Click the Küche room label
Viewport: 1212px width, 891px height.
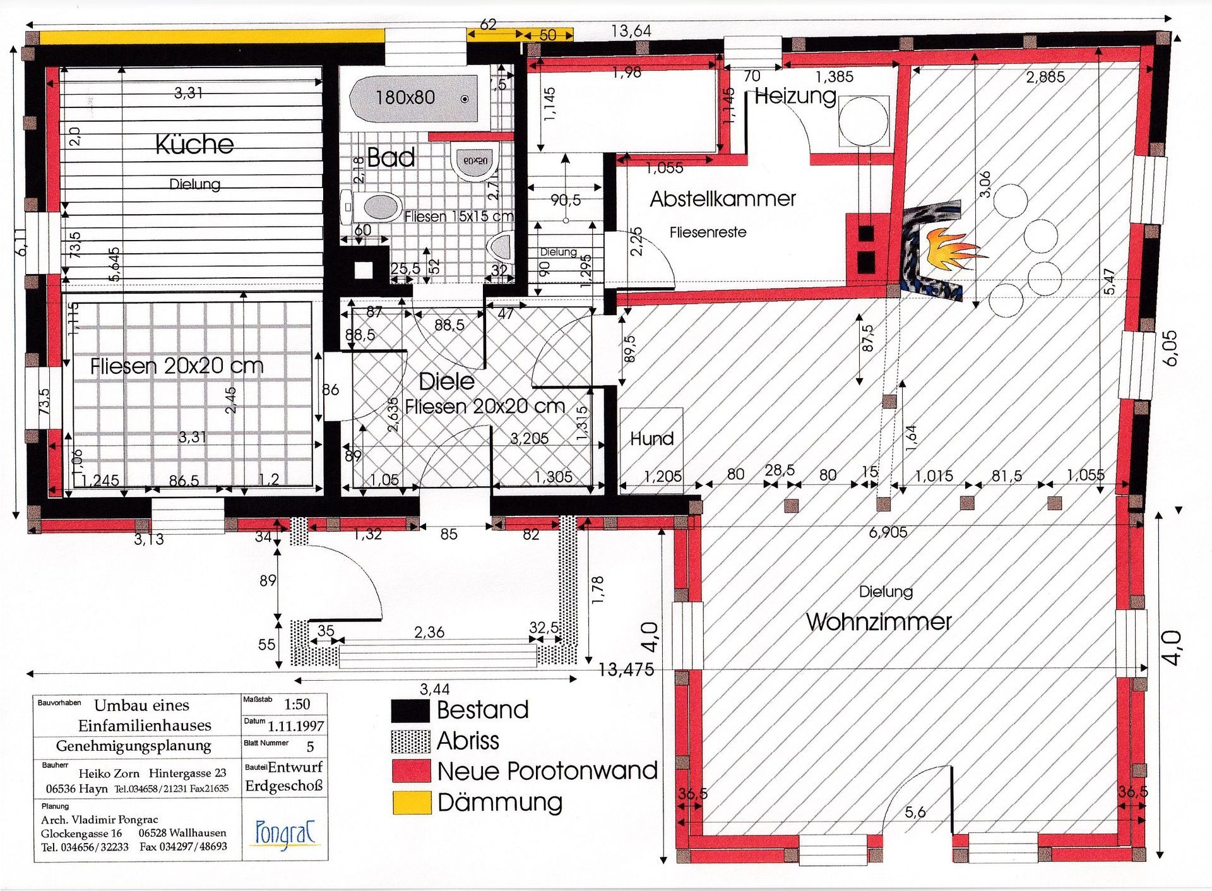(x=194, y=145)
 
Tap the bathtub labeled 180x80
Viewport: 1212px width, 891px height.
(x=413, y=98)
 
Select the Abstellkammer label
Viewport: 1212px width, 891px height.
(x=723, y=199)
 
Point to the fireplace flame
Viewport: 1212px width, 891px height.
(x=950, y=248)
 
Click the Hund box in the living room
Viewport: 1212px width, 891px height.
(x=651, y=439)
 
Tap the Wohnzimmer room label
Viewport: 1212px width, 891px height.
(x=879, y=622)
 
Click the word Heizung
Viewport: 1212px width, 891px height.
(x=795, y=97)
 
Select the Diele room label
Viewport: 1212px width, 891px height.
(x=447, y=381)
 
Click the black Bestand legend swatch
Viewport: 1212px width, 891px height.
(x=411, y=710)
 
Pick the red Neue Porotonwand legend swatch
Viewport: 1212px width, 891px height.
(x=411, y=771)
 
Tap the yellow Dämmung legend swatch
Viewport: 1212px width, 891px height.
(x=411, y=802)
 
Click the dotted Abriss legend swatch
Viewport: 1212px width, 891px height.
(x=411, y=741)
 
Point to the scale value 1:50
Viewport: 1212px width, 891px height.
(x=297, y=704)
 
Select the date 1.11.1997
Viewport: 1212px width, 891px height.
(x=295, y=726)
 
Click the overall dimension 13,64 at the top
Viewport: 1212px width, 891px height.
(x=631, y=30)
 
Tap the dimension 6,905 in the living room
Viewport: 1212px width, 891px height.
(x=888, y=532)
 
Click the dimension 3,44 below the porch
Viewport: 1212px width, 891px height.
(x=435, y=689)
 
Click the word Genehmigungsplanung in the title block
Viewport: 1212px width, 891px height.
(x=133, y=746)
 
